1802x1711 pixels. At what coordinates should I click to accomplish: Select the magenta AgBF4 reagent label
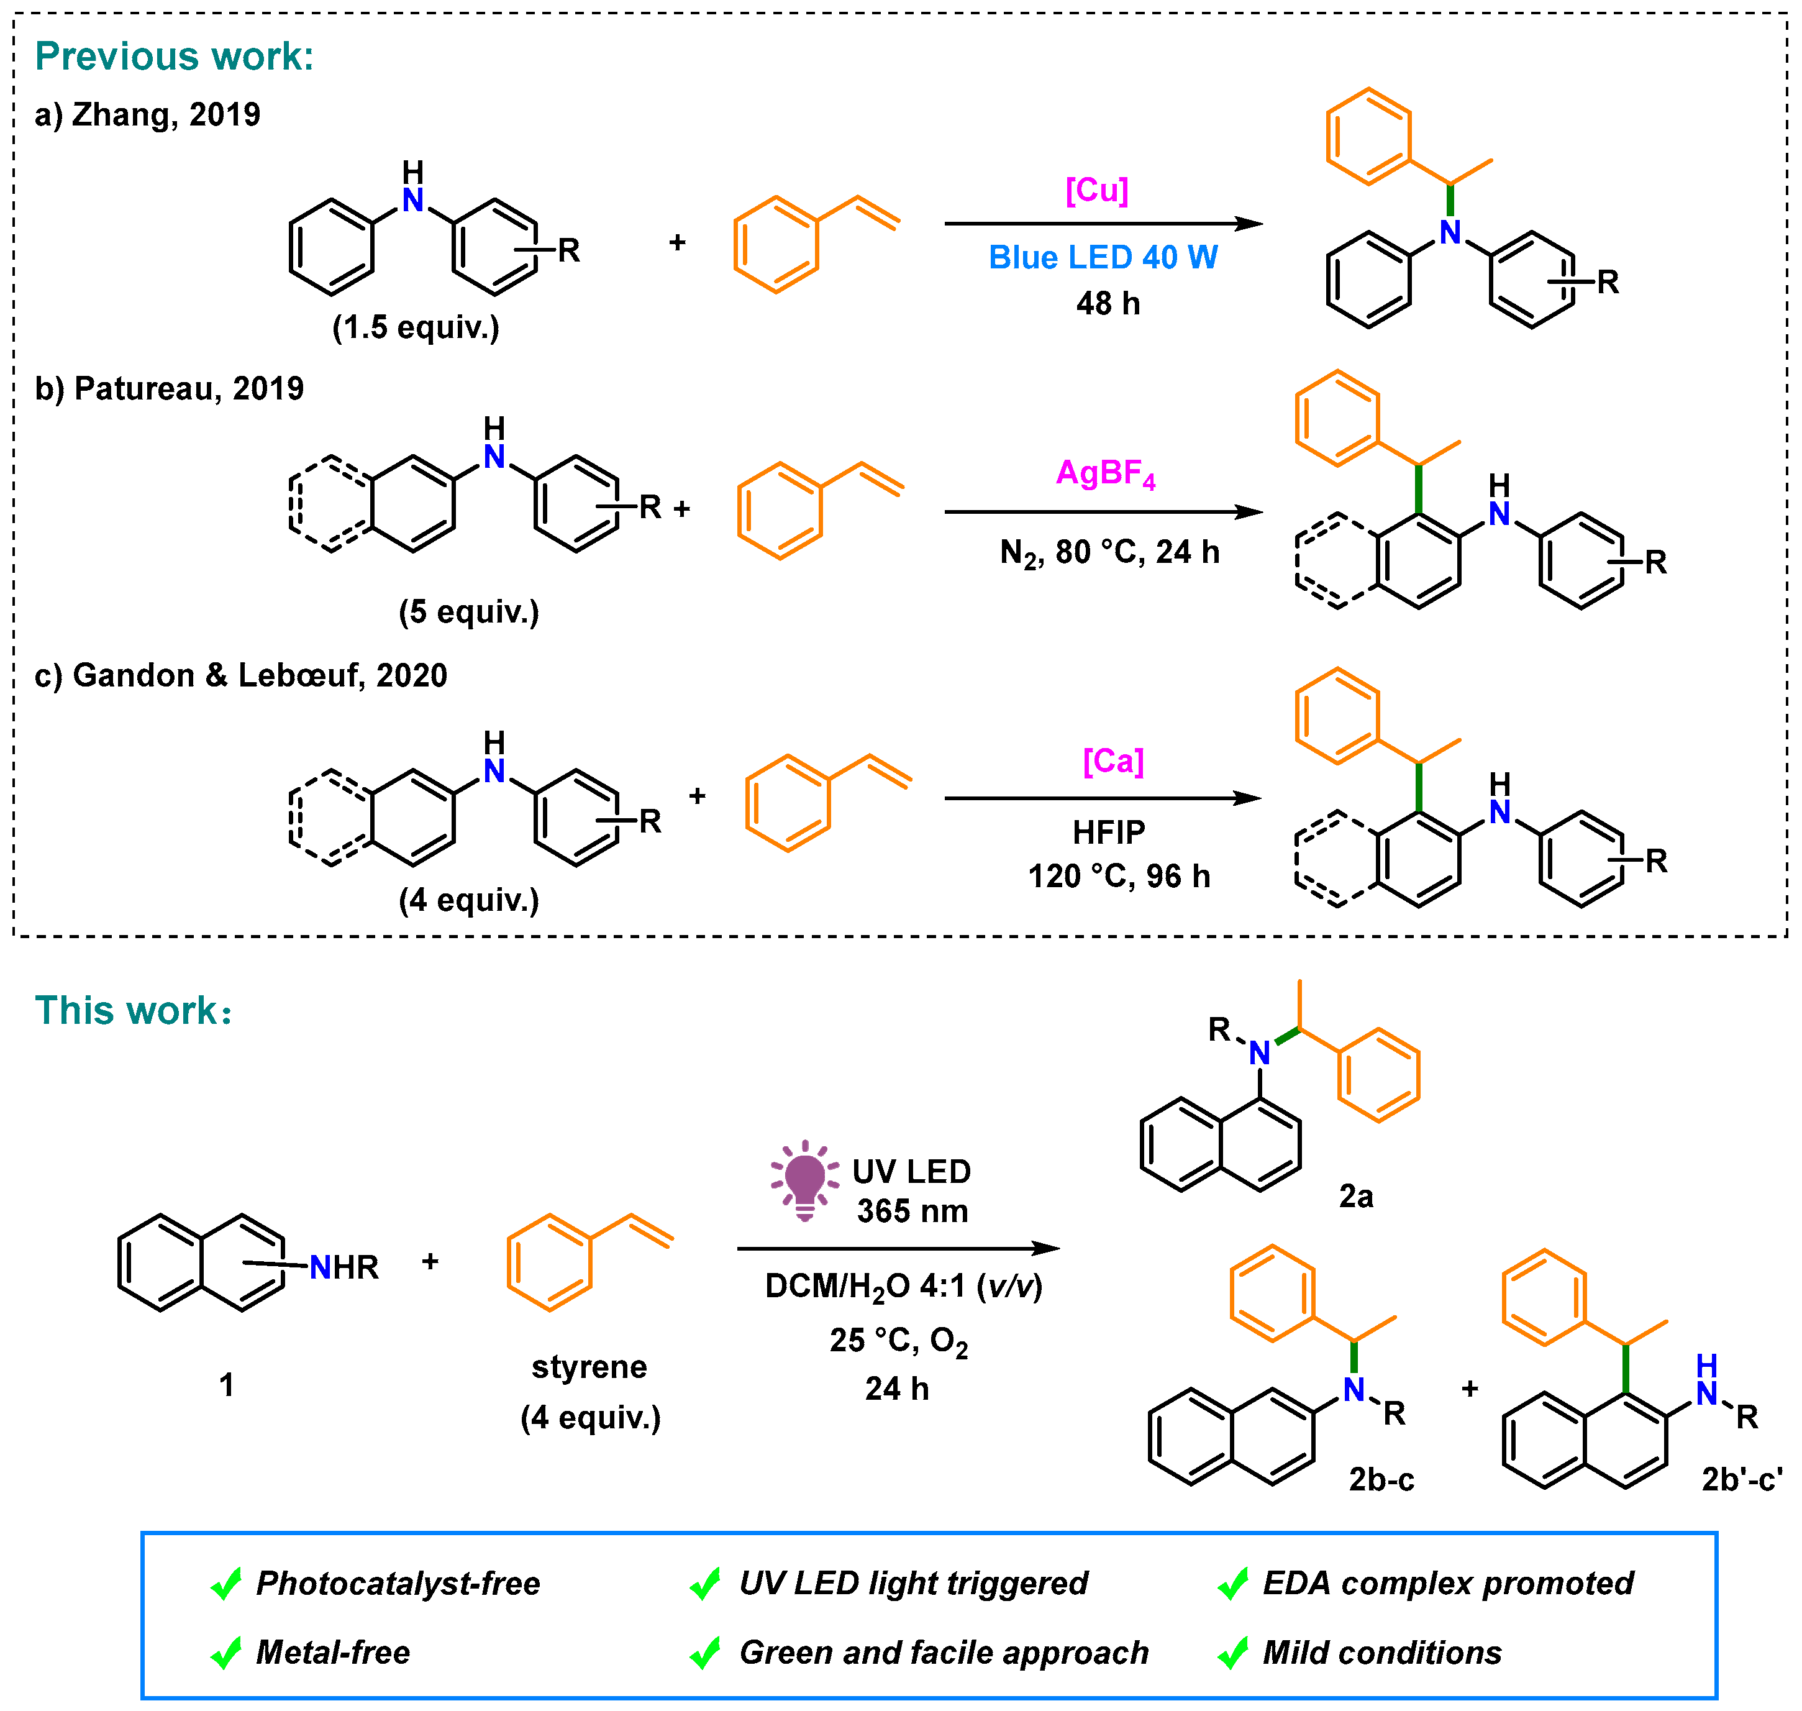1105,473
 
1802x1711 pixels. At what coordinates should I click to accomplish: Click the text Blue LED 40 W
1103,257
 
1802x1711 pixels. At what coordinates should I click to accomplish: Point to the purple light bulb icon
804,1180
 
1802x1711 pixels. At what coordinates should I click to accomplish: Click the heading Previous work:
174,57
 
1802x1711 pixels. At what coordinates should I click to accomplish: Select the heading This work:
133,1011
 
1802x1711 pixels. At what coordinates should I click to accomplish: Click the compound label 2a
1355,1196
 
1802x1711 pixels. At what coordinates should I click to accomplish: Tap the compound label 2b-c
1381,1479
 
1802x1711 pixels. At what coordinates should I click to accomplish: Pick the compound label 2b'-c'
1741,1479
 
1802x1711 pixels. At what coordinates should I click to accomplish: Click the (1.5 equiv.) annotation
416,327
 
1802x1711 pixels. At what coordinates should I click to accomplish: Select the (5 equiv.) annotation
469,611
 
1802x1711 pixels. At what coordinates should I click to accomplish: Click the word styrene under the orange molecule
589,1366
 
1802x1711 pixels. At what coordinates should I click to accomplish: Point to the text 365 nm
912,1211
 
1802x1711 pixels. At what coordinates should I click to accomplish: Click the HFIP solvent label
1108,832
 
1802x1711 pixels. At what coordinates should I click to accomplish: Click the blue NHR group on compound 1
343,1267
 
